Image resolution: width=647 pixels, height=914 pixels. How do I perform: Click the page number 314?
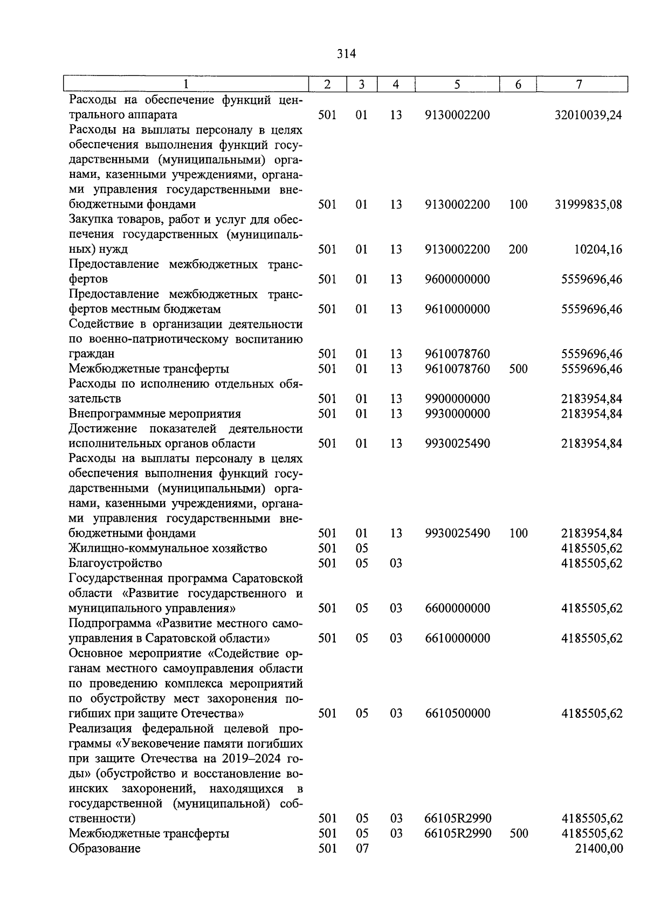coord(346,54)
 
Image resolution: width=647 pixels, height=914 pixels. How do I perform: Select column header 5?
coord(457,85)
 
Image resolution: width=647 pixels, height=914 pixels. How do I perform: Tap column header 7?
coord(579,85)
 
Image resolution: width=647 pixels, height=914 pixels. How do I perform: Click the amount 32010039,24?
coord(588,115)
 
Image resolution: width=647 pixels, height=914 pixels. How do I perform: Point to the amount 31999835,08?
coord(588,205)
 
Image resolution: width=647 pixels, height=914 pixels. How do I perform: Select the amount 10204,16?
coord(598,250)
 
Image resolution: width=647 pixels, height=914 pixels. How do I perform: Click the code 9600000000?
coord(457,279)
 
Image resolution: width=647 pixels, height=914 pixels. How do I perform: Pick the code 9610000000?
coord(457,309)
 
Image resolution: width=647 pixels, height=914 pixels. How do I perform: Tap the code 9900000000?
coord(457,399)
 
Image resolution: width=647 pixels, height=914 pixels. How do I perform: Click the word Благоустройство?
coord(115,564)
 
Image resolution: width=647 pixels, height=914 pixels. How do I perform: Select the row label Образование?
coord(105,848)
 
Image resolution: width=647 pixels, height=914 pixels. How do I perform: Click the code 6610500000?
coord(457,714)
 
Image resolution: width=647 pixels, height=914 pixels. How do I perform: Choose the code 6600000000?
coord(457,608)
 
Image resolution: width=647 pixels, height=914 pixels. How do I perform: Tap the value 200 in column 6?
coord(518,250)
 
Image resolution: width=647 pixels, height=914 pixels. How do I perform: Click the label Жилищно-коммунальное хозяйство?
coord(168,549)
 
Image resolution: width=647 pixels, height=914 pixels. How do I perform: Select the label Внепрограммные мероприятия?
coord(155,414)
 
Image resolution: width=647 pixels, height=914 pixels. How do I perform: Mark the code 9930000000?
coord(457,414)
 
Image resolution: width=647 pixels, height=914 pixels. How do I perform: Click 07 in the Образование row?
coord(361,848)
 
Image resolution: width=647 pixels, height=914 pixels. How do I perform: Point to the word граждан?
coord(91,354)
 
